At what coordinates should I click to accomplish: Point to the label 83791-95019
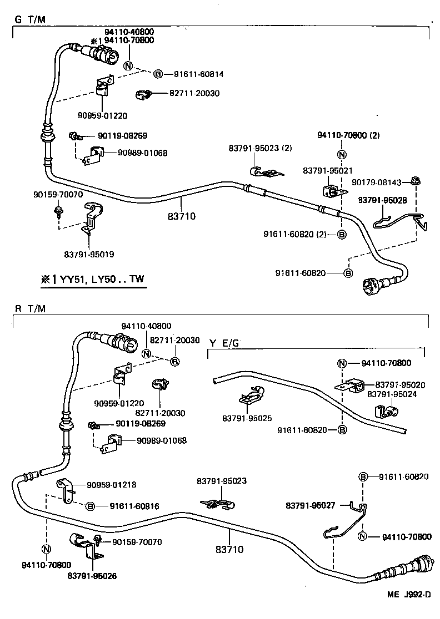(89, 254)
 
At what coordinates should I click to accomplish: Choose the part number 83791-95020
(400, 384)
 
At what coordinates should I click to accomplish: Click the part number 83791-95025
(246, 417)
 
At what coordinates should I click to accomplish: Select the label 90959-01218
(112, 485)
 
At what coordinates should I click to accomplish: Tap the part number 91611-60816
(134, 506)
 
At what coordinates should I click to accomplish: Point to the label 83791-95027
(311, 505)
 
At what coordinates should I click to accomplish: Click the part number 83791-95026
(92, 576)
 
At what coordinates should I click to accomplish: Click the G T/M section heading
(29, 19)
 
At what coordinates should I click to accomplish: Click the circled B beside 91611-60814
(158, 74)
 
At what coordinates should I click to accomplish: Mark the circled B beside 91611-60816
(91, 506)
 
